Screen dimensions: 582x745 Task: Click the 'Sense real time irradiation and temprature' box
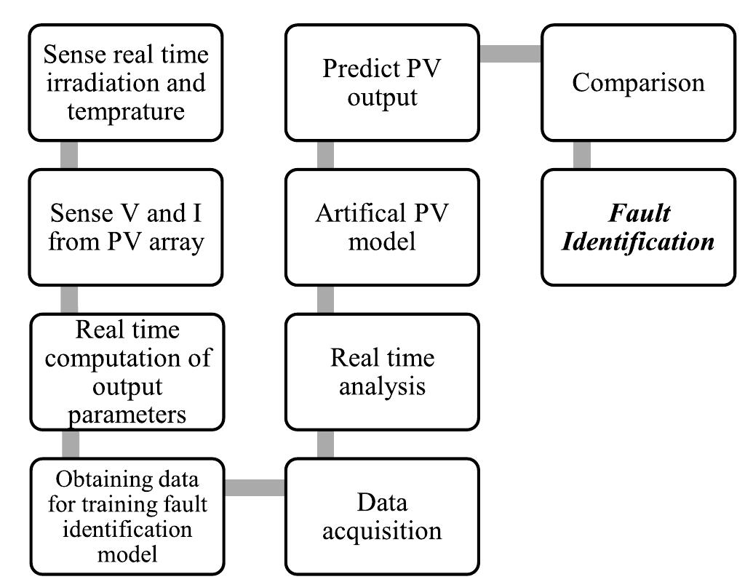[125, 82]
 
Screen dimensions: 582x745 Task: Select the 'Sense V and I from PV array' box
[125, 227]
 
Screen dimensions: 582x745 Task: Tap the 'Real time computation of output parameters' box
[125, 372]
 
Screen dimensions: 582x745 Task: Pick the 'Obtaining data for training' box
[125, 517]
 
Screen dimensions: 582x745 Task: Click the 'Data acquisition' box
[382, 517]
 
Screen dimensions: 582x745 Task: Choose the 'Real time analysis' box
[382, 372]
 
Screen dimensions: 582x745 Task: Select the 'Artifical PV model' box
[382, 227]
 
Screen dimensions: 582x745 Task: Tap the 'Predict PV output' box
[382, 82]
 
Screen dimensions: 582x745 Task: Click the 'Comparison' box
[638, 82]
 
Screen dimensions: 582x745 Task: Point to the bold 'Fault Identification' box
[638, 227]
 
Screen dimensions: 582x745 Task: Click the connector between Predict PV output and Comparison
[510, 53]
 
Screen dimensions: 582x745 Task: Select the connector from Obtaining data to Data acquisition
[254, 487]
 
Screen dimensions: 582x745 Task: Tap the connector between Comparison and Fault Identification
[582, 155]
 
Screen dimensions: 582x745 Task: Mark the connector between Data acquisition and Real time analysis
[325, 445]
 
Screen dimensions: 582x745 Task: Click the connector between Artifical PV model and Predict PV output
[325, 155]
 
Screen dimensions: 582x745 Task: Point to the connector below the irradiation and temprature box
[69, 155]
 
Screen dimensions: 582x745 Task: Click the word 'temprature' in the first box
[125, 111]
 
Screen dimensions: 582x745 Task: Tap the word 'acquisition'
[382, 530]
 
